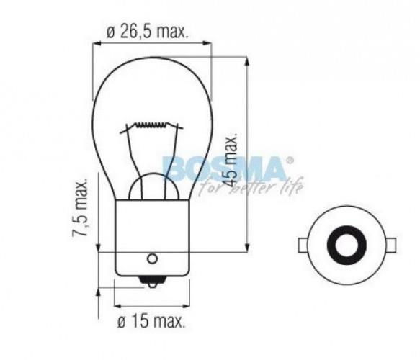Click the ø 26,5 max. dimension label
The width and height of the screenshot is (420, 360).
pyautogui.click(x=146, y=31)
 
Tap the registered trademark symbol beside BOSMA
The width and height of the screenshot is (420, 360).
pyautogui.click(x=290, y=160)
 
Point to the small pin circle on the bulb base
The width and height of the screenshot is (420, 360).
pyautogui.click(x=151, y=258)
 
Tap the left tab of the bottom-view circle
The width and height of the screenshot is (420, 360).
pyautogui.click(x=301, y=245)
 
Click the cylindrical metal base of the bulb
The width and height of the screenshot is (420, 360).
pyautogui.click(x=151, y=238)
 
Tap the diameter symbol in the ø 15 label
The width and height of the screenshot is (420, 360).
pyautogui.click(x=121, y=320)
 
